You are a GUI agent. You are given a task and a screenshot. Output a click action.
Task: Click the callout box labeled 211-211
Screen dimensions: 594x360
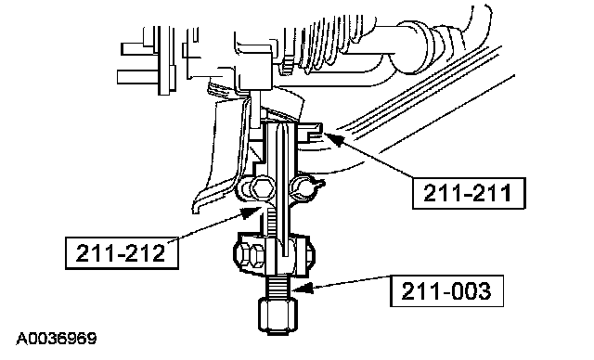[469, 193]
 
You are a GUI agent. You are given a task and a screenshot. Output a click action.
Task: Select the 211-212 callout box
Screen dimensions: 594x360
[122, 253]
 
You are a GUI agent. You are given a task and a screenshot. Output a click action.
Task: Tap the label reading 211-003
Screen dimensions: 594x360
[446, 290]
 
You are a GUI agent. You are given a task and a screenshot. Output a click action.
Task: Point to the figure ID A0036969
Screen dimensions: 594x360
[57, 339]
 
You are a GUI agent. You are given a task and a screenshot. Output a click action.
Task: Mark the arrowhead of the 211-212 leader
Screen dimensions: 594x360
[251, 212]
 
